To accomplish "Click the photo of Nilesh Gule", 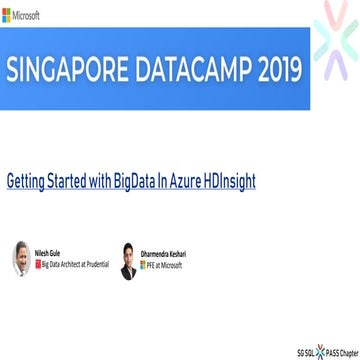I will (20, 258).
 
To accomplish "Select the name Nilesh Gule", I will (48, 254).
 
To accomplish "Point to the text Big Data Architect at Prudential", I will (71, 263).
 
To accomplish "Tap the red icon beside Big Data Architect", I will (37, 263).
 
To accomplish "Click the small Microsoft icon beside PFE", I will (142, 263).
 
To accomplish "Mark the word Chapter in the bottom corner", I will (347, 352).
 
